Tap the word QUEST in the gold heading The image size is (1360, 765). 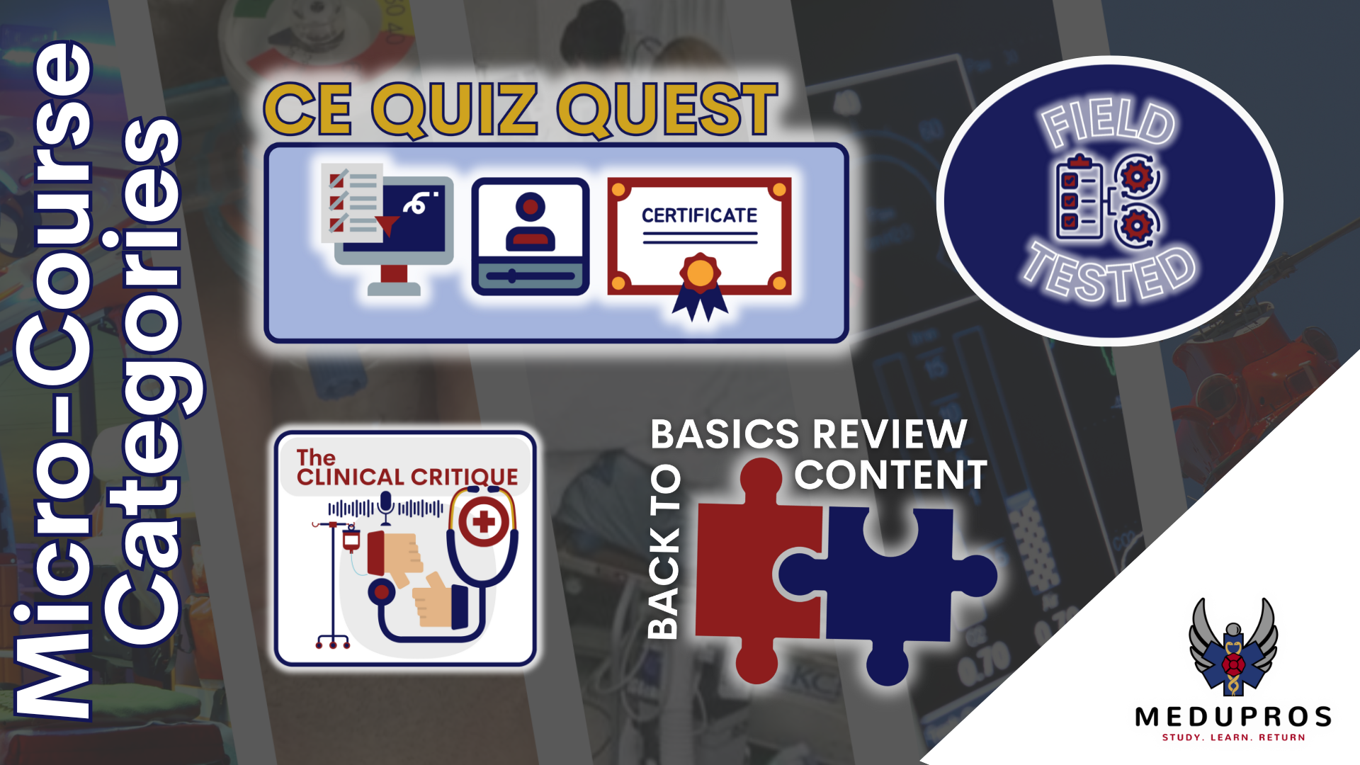pyautogui.click(x=667, y=110)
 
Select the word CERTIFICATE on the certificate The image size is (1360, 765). pyautogui.click(x=699, y=215)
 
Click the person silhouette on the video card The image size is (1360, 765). pyautogui.click(x=531, y=220)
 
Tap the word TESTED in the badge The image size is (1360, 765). pyautogui.click(x=1109, y=273)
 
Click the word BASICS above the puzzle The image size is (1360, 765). pyautogui.click(x=725, y=434)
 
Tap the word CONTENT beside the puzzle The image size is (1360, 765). pyautogui.click(x=890, y=475)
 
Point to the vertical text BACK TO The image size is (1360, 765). pyautogui.click(x=664, y=552)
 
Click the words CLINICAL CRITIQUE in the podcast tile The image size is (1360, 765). pyautogui.click(x=407, y=477)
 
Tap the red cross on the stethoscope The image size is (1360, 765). pyautogui.click(x=484, y=523)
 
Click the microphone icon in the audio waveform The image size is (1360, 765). pyautogui.click(x=385, y=507)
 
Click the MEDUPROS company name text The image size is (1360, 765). pyautogui.click(x=1233, y=718)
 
